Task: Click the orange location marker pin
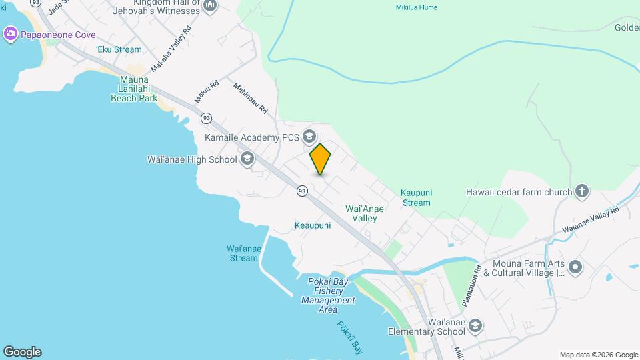320,159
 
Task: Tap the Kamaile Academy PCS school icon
309,137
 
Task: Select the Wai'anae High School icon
247,159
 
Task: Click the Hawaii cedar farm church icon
581,192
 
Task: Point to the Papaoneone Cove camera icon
10,34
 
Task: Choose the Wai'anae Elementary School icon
475,326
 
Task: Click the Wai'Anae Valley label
364,213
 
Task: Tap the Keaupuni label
313,226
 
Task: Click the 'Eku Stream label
119,49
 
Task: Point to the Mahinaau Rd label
250,97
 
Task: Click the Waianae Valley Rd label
591,219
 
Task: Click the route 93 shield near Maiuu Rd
207,118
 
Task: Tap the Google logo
21,352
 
